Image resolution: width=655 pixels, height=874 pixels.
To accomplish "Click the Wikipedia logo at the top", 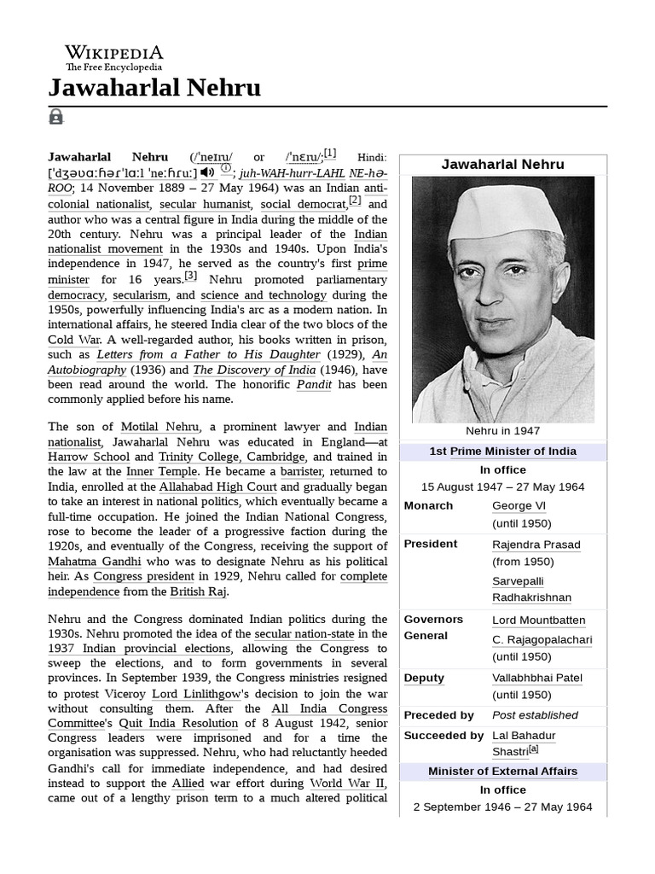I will [113, 57].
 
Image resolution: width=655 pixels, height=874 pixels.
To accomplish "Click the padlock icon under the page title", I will [56, 117].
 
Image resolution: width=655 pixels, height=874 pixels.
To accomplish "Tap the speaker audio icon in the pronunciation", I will [207, 172].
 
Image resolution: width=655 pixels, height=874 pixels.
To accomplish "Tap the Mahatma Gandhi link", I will [95, 562].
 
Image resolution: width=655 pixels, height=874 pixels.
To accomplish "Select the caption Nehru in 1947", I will [502, 431].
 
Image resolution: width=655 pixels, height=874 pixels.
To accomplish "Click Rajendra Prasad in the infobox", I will [536, 545].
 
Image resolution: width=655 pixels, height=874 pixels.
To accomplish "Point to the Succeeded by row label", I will [443, 736].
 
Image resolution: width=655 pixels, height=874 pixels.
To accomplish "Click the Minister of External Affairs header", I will [502, 772].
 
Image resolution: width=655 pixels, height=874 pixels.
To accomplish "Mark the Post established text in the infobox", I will [535, 715].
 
